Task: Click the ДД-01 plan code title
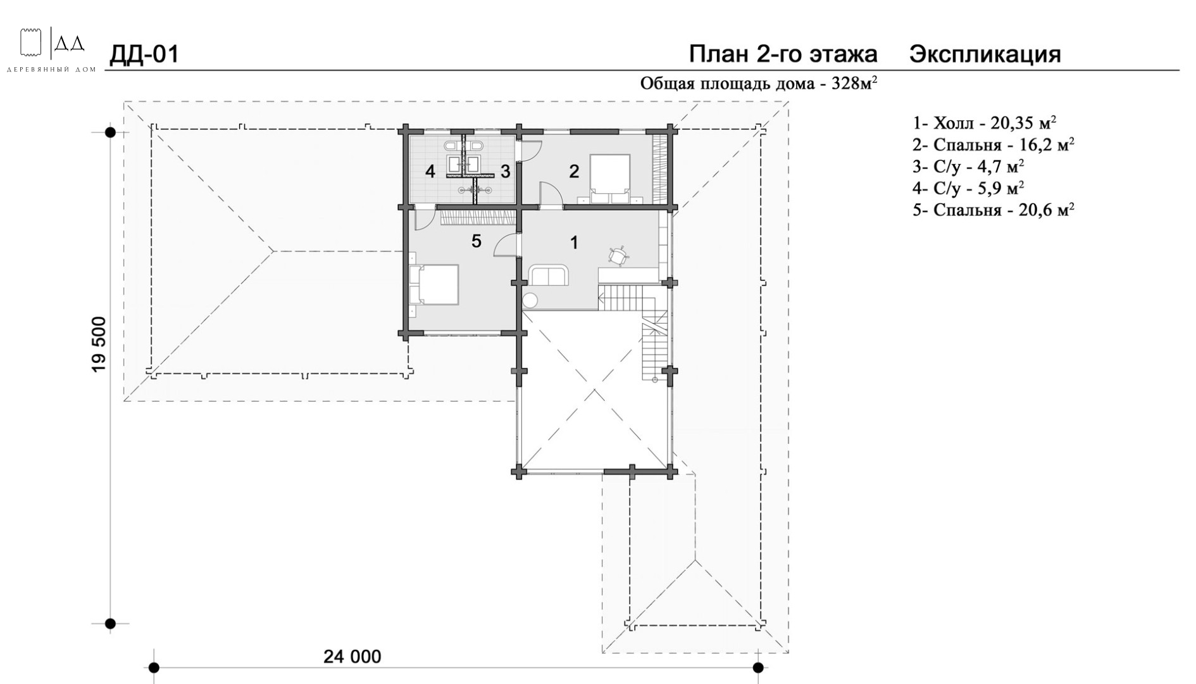144,54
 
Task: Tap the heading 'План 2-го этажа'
783,54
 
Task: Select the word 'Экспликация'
985,54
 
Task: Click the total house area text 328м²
759,84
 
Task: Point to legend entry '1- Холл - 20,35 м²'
984,122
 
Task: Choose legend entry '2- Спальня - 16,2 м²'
994,144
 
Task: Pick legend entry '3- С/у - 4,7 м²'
968,166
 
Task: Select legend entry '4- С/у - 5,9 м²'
968,187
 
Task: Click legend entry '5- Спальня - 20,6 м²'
994,210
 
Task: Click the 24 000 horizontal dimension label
352,656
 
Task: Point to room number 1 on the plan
574,243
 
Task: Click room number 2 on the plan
574,171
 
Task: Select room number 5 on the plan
477,241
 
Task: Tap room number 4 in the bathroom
430,171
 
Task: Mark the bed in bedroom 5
434,284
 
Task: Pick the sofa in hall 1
549,275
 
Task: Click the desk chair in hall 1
618,255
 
